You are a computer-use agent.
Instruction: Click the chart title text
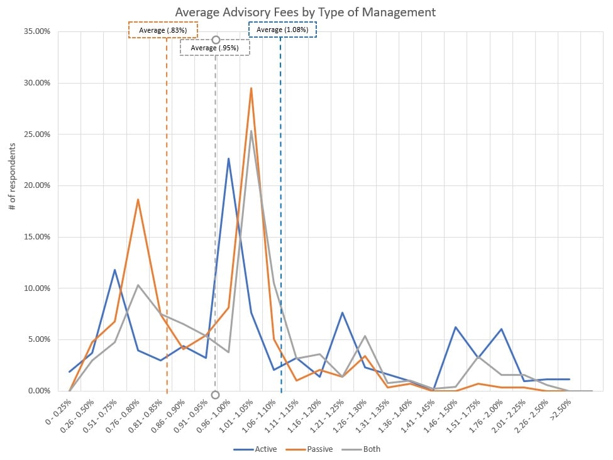[x=305, y=12]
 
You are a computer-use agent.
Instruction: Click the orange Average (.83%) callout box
[x=163, y=30]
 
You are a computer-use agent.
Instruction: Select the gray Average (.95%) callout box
[x=214, y=48]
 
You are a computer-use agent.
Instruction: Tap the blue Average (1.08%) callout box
[x=282, y=30]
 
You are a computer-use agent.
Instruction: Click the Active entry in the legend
[x=253, y=449]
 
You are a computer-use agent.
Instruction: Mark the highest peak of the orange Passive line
[x=251, y=88]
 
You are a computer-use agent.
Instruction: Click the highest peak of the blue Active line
[x=228, y=158]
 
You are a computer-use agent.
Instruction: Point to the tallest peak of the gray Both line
[x=251, y=131]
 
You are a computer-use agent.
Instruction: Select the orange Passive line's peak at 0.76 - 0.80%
[x=138, y=199]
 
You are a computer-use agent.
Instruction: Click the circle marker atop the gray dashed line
[x=216, y=40]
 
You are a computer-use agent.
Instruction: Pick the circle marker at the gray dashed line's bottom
[x=215, y=395]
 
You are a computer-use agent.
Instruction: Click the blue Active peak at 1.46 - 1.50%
[x=456, y=327]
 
